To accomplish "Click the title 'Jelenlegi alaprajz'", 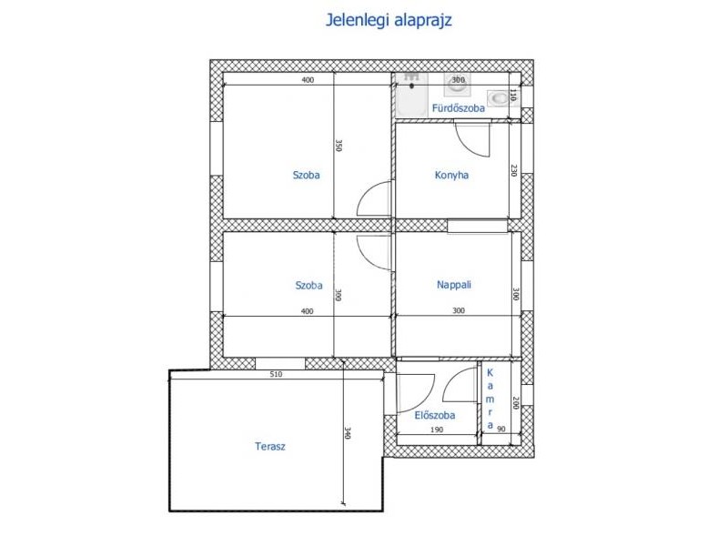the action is point(389,20).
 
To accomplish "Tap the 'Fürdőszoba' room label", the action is point(459,108).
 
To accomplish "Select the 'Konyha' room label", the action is point(451,176).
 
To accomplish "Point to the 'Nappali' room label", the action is point(453,285).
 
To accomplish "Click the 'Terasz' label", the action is point(270,447).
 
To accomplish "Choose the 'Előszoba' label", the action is point(435,415).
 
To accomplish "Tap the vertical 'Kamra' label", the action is point(490,399).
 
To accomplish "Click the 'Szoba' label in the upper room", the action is point(306,175).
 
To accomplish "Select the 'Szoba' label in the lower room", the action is point(308,285).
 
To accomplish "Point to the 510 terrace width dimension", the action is point(276,374).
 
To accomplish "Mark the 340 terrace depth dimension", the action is point(349,432).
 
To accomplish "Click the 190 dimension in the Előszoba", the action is point(437,430).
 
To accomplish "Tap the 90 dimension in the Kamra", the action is point(501,430).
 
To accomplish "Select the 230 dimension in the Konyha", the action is point(513,170).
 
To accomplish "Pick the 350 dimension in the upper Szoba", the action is point(339,146).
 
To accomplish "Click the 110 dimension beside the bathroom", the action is point(513,96).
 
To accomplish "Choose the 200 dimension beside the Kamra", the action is point(514,402).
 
